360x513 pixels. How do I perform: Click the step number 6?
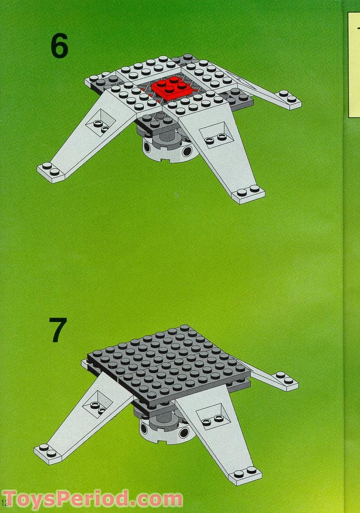click(59, 46)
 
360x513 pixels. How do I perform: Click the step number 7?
click(58, 330)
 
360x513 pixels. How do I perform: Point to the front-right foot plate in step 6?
click(248, 194)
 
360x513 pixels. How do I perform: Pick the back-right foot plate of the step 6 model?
click(289, 99)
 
